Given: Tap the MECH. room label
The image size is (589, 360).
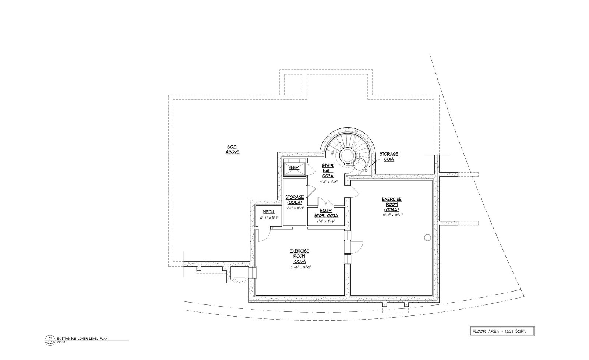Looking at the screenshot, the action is tap(268, 212).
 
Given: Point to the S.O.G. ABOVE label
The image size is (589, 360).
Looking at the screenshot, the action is tap(232, 150).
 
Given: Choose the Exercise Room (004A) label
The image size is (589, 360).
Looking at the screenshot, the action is tap(392, 204).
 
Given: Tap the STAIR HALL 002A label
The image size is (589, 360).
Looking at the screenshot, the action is tap(328, 170).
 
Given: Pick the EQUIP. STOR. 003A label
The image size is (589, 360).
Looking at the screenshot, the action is tap(326, 213).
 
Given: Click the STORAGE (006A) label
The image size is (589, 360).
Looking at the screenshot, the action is tap(294, 200).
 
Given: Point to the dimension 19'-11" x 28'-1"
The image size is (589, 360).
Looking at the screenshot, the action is tap(392, 215).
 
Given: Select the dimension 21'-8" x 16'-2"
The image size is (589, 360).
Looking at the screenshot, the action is tap(301, 267).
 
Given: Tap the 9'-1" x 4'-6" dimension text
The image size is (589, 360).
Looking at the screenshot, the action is tap(326, 221).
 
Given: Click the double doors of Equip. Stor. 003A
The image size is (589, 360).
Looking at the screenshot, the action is tap(326, 202).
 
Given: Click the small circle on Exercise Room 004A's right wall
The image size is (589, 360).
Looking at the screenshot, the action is tap(428, 238).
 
